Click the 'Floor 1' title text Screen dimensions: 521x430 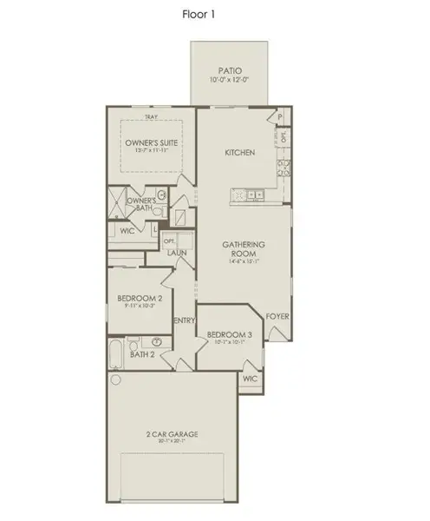(199, 14)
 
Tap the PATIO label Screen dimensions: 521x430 (228, 71)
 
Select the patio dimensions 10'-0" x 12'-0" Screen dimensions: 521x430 (228, 81)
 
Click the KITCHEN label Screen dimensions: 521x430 (240, 153)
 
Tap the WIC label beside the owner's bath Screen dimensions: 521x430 (126, 233)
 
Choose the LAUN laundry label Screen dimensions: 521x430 (178, 253)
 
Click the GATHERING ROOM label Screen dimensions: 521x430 (243, 249)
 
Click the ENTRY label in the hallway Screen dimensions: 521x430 (185, 320)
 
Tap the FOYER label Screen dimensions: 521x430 (277, 316)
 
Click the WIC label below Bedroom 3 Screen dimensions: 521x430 (250, 379)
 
